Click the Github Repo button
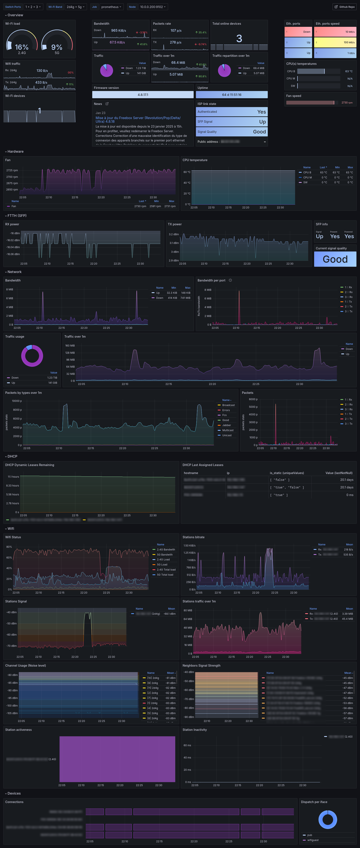pyautogui.click(x=345, y=7)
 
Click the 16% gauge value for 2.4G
pyautogui.click(x=22, y=47)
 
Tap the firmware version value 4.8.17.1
pyautogui.click(x=143, y=95)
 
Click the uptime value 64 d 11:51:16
pyautogui.click(x=232, y=95)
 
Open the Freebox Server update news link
pyautogui.click(x=138, y=120)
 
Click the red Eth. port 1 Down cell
pyautogui.click(x=298, y=32)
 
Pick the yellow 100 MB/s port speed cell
pyautogui.click(x=335, y=42)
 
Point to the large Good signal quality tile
pyautogui.click(x=335, y=259)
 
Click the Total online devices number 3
pyautogui.click(x=239, y=38)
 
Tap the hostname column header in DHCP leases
pyautogui.click(x=191, y=473)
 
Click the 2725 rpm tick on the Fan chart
pyautogui.click(x=12, y=170)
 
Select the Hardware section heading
pyautogui.click(x=15, y=151)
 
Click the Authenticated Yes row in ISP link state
pyautogui.click(x=232, y=112)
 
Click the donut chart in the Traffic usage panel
pyautogui.click(x=32, y=356)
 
